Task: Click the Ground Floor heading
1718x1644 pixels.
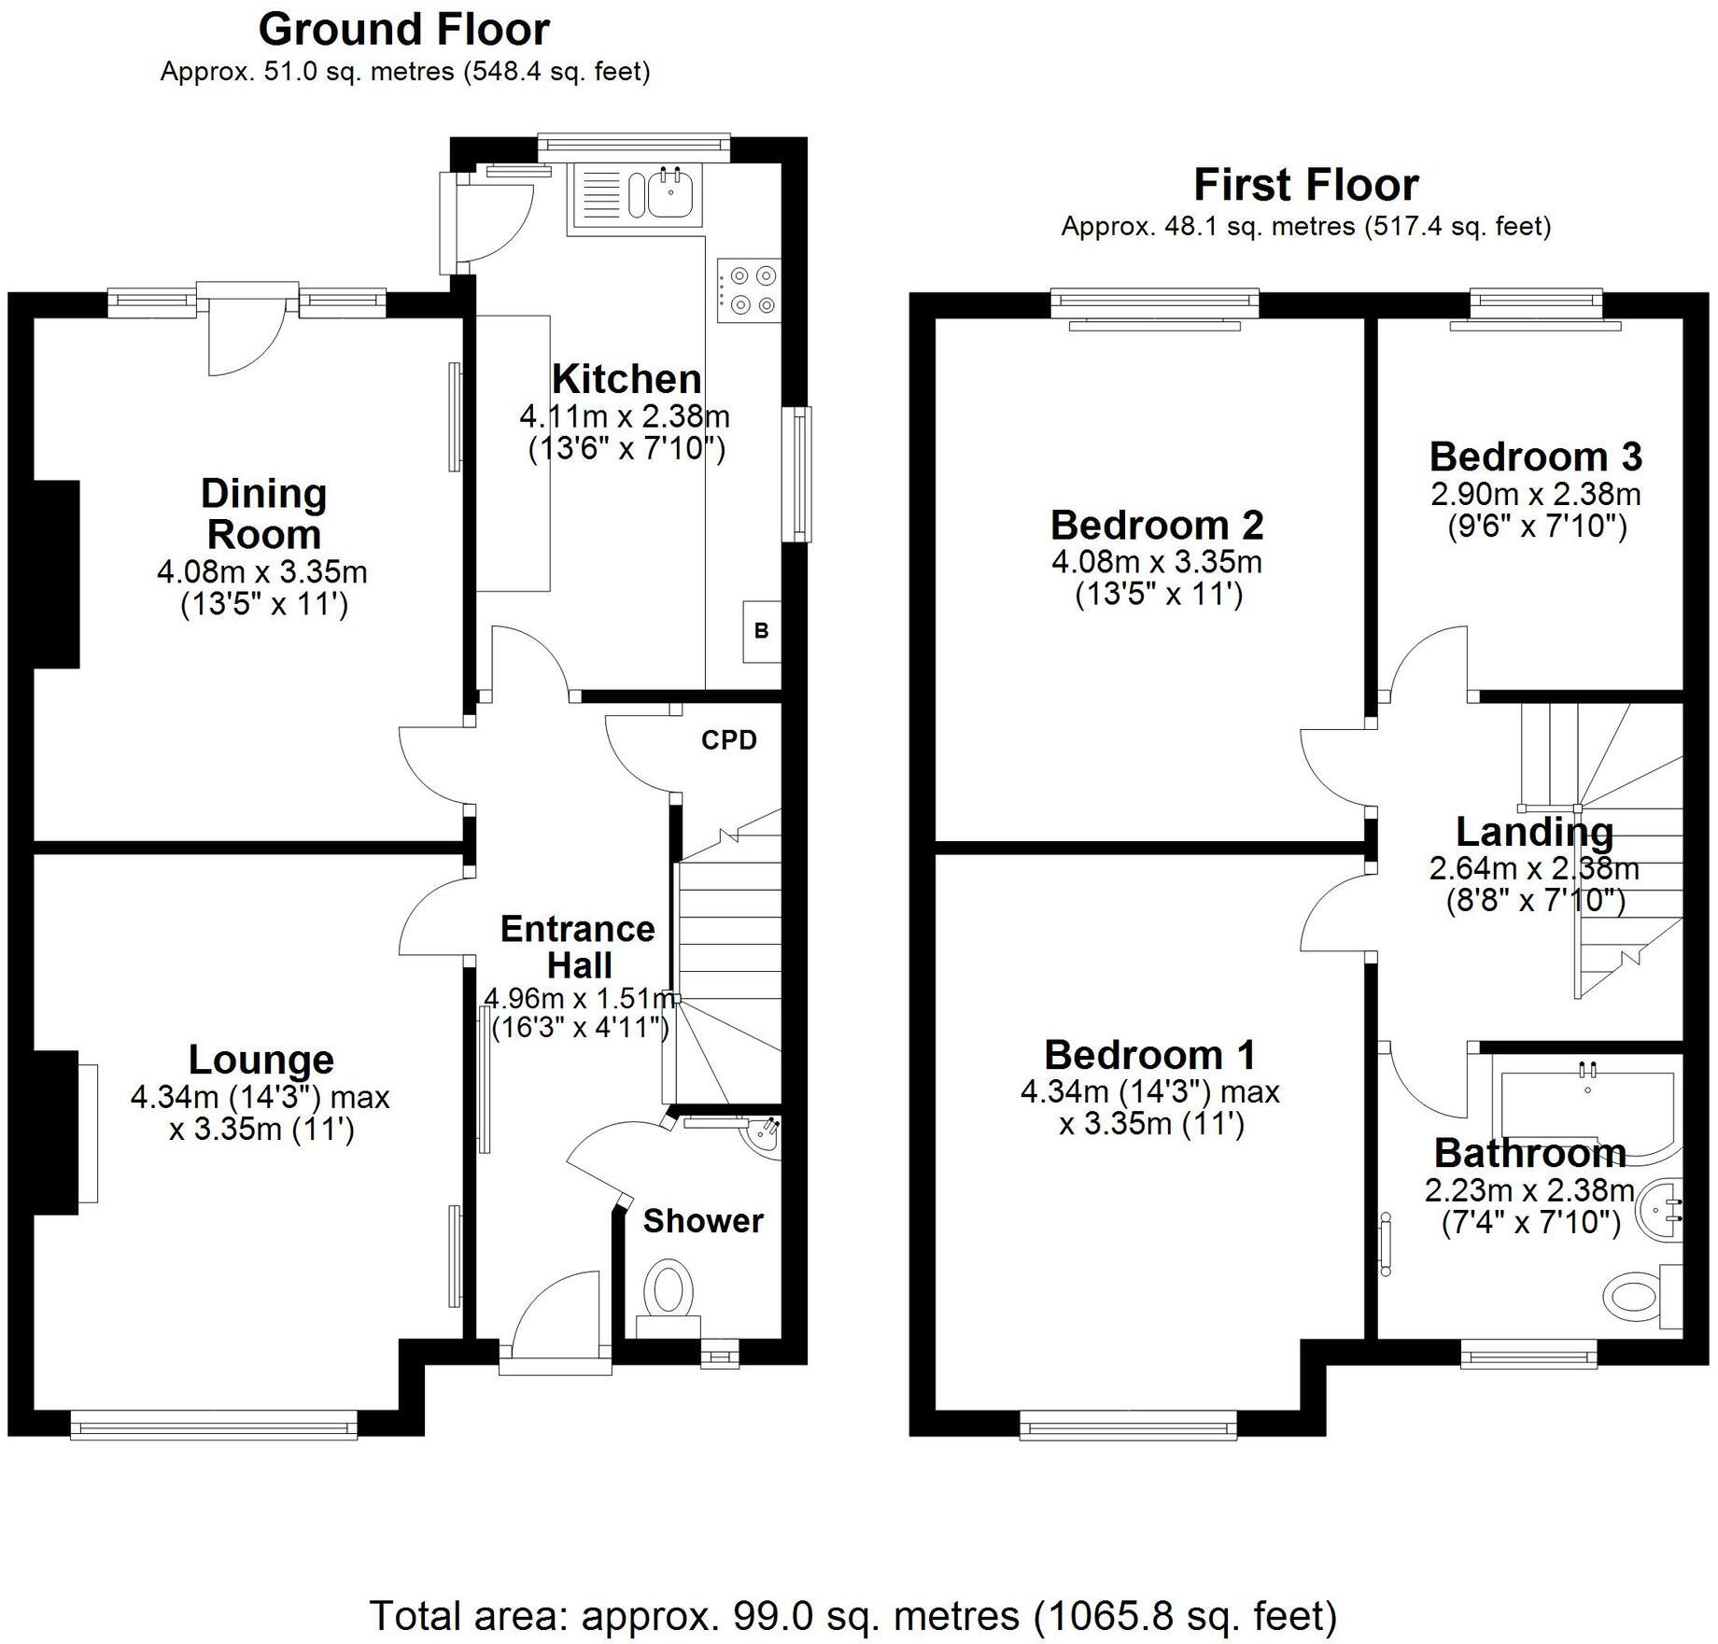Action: tap(403, 30)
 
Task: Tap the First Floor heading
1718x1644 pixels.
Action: tap(1305, 185)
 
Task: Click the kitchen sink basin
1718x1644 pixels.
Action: tap(669, 194)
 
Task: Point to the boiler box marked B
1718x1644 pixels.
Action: tap(761, 631)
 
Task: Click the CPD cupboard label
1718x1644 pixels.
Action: tap(729, 740)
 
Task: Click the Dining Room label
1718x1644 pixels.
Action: tap(264, 513)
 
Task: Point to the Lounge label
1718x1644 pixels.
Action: tap(261, 1060)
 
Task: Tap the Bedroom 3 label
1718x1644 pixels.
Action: tap(1535, 457)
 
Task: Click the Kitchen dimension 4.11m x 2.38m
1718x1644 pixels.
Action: tap(625, 415)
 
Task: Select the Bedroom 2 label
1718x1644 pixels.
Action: tap(1157, 525)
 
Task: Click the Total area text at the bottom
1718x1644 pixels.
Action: tap(853, 1615)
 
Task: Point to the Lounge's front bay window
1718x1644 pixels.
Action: tap(214, 1426)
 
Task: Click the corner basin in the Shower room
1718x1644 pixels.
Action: tap(767, 1136)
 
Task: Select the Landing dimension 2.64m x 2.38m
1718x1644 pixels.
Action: tap(1534, 868)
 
